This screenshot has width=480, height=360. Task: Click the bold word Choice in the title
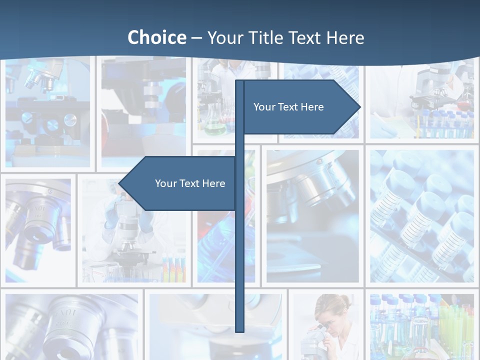coord(156,37)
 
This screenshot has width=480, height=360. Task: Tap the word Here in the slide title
coord(345,37)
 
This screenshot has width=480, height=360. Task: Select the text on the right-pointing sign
coord(288,107)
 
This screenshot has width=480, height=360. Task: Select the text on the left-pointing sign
coord(190,183)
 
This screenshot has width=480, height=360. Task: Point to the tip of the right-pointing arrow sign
coord(359,107)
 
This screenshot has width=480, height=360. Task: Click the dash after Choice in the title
coord(196,38)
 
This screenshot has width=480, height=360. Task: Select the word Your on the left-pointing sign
coord(165,183)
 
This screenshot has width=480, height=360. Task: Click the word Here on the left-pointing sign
coord(213,183)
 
